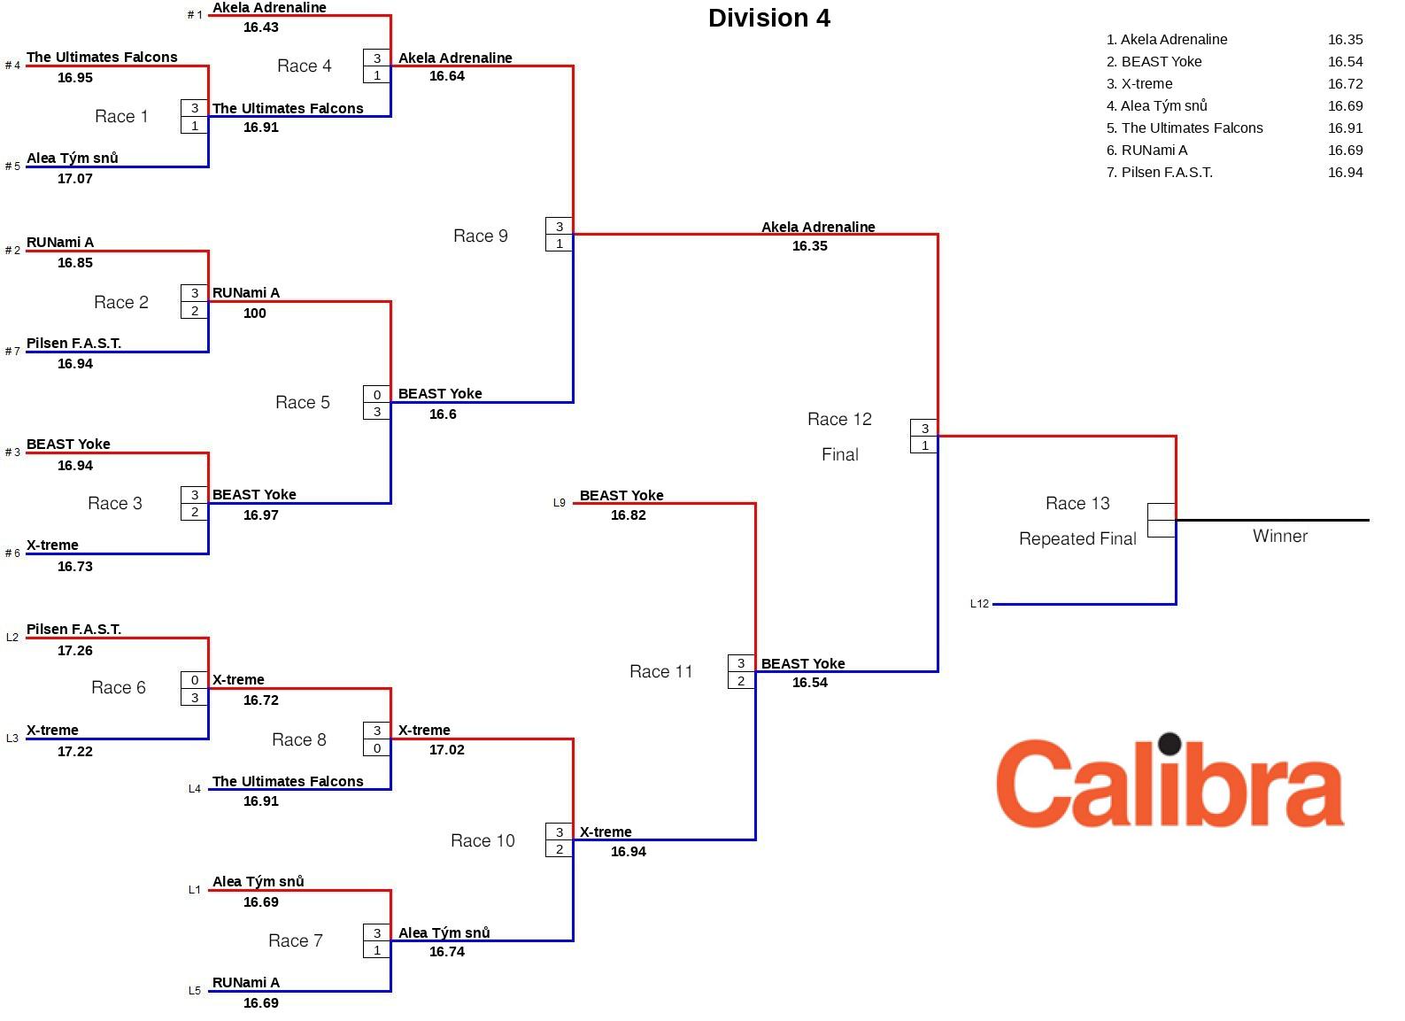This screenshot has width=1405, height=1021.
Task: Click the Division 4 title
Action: coord(768,19)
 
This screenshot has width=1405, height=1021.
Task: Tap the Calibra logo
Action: coord(1170,782)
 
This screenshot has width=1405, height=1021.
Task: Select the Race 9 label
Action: coord(480,236)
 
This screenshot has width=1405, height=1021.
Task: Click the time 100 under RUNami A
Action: coord(254,313)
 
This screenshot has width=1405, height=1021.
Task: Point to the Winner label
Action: coord(1279,536)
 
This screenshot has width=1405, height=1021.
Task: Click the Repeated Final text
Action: coord(1077,538)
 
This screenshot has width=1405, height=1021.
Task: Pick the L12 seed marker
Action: coord(979,604)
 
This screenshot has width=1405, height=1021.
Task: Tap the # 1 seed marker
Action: coord(195,15)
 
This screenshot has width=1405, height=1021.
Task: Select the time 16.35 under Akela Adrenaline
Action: coord(809,246)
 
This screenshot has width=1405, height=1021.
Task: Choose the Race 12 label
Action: coord(839,419)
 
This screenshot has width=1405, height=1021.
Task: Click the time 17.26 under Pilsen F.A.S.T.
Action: coord(74,651)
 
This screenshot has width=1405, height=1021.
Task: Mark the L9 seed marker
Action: coord(559,503)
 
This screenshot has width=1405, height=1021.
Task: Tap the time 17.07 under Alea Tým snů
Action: coord(74,179)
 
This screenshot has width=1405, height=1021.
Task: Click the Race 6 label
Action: coord(118,688)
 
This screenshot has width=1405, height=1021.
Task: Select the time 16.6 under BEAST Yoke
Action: coord(442,414)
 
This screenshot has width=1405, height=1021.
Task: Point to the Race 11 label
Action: coord(660,672)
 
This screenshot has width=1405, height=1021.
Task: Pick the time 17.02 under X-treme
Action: coord(446,750)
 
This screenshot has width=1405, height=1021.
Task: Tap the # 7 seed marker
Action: coord(12,352)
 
